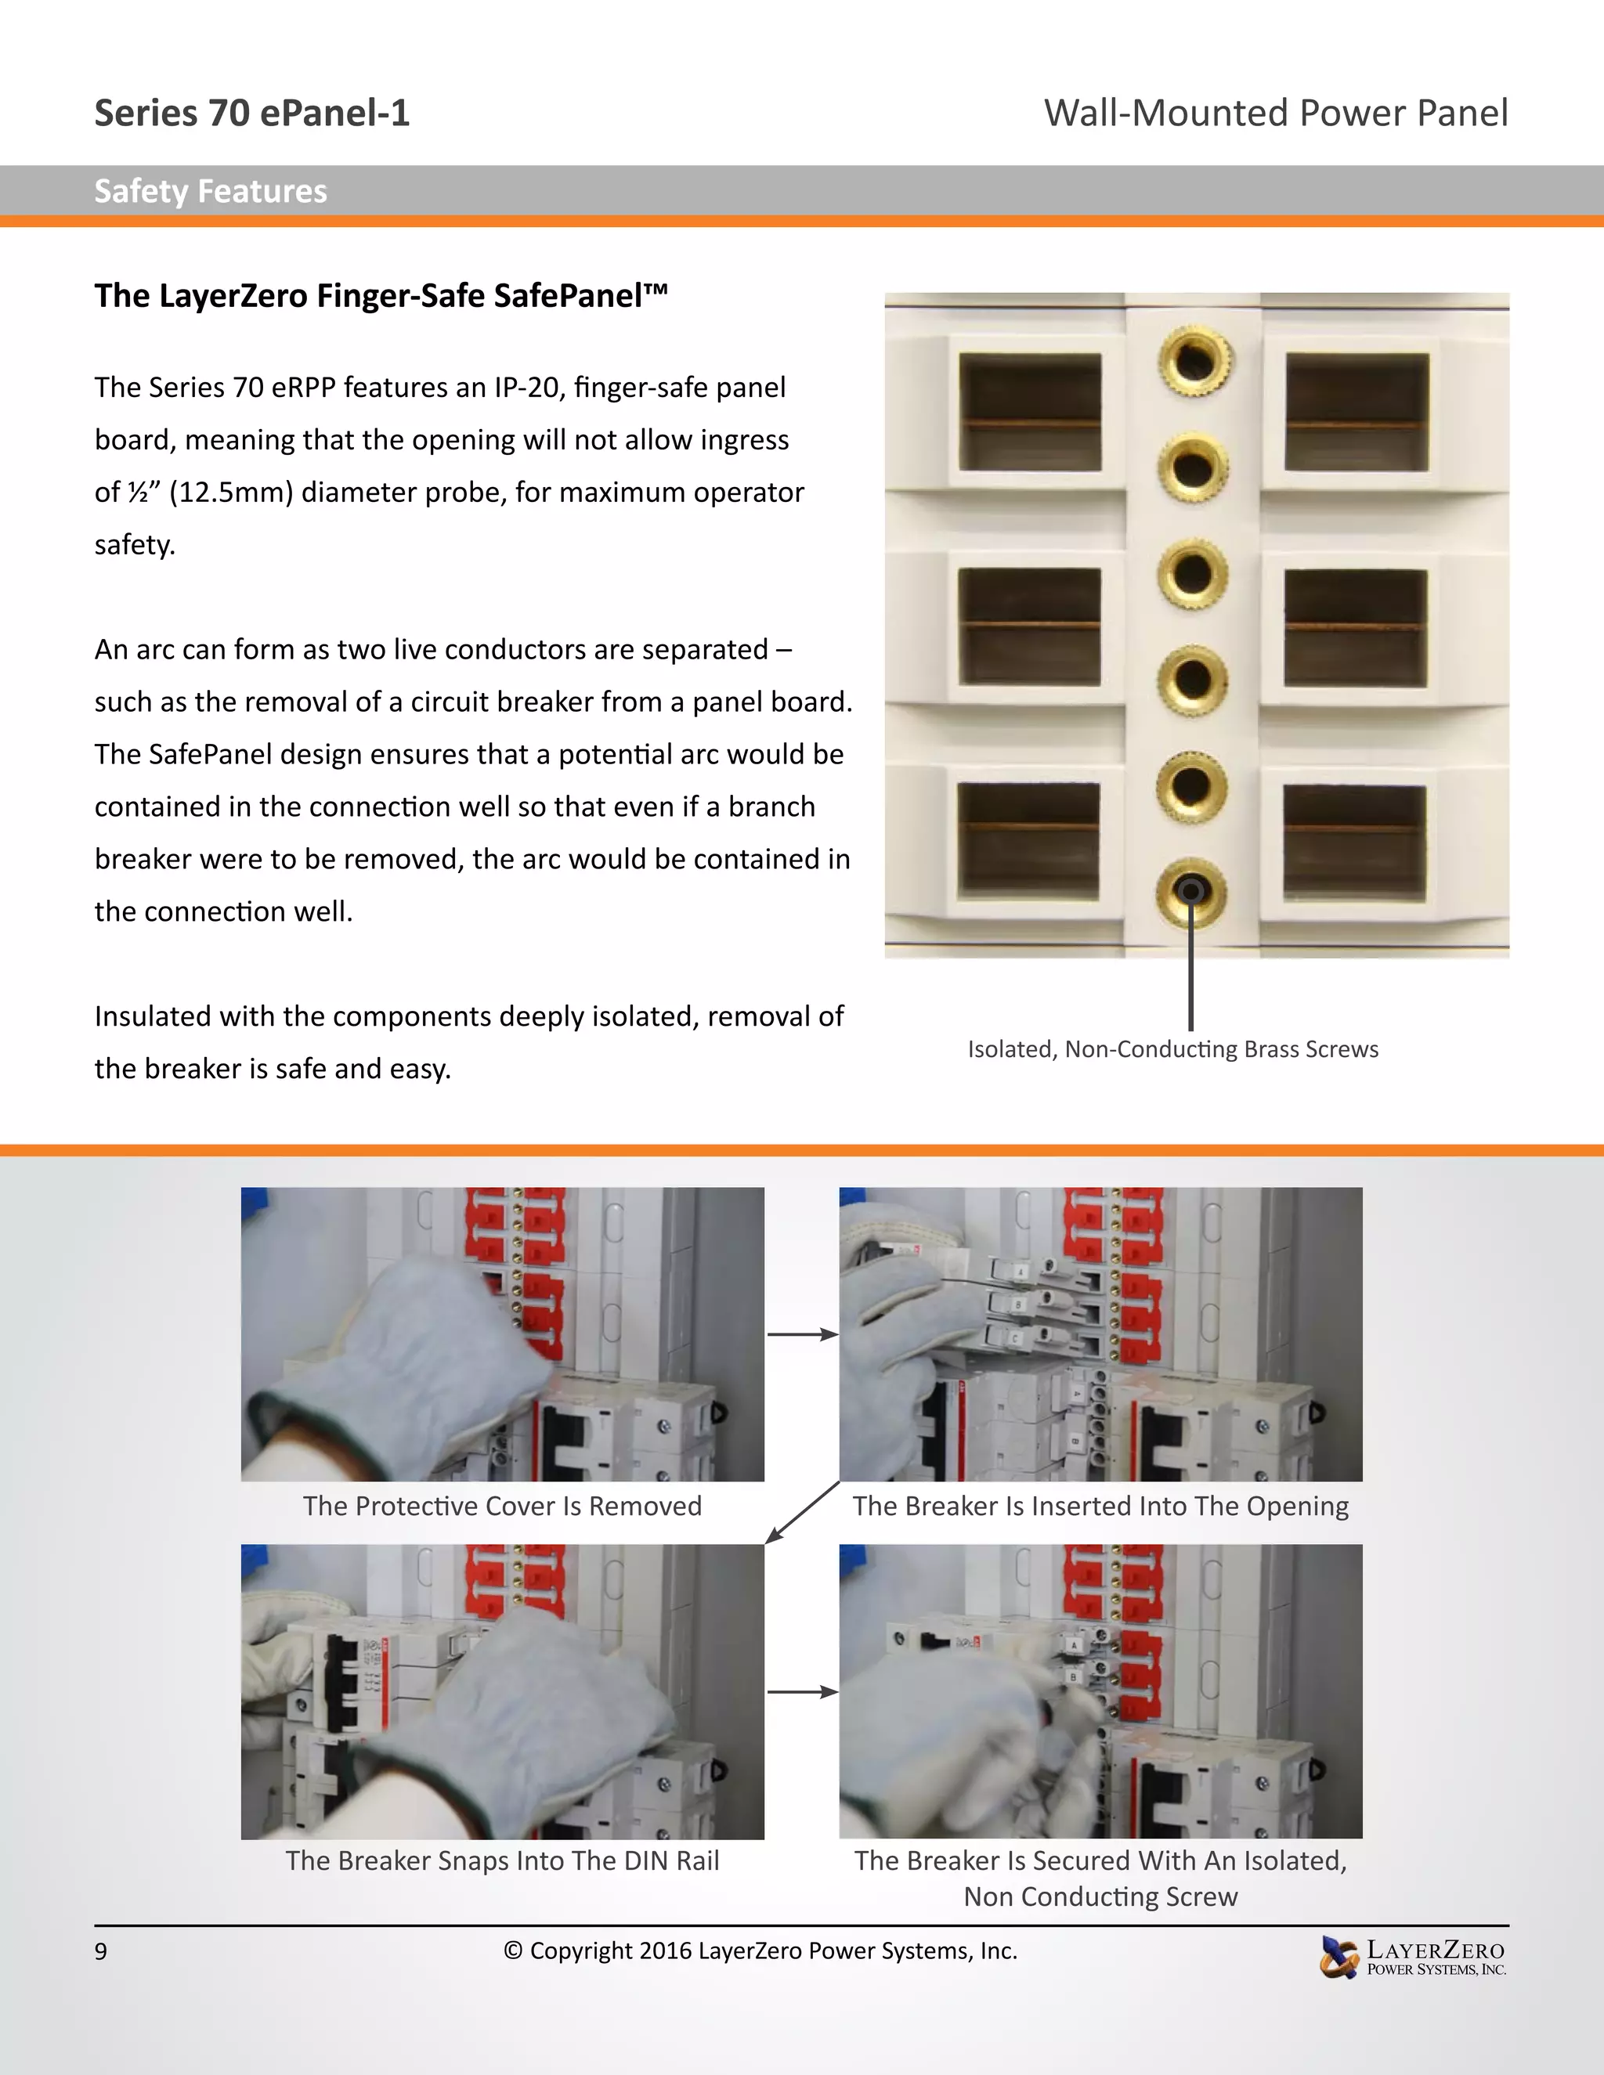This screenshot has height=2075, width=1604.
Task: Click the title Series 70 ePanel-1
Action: pyautogui.click(x=252, y=113)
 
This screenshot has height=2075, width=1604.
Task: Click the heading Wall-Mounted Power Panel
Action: pyautogui.click(x=1275, y=113)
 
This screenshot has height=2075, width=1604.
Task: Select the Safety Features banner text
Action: pyautogui.click(x=210, y=192)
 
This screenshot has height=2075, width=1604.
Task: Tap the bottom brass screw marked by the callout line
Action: pyautogui.click(x=1190, y=891)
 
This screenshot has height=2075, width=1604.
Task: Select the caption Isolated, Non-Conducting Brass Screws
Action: pyautogui.click(x=1172, y=1049)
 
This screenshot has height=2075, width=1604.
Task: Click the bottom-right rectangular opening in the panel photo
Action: pyautogui.click(x=1354, y=842)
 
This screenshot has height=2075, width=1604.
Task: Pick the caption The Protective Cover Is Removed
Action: pyautogui.click(x=502, y=1506)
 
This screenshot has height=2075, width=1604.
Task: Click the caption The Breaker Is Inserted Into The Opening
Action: pyautogui.click(x=1100, y=1506)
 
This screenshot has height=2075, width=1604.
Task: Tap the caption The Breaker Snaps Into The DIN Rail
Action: pyautogui.click(x=502, y=1860)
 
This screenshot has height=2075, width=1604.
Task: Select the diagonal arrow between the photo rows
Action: pyautogui.click(x=802, y=1513)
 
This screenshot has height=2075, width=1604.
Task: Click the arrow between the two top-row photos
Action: pyautogui.click(x=802, y=1335)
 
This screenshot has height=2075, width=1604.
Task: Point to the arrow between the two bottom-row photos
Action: pyautogui.click(x=802, y=1692)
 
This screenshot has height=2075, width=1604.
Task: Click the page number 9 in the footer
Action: pyautogui.click(x=101, y=1951)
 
